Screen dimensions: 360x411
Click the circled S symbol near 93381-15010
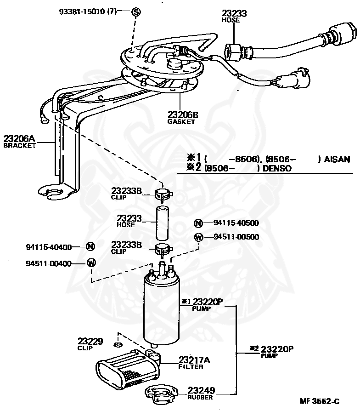pos(136,11)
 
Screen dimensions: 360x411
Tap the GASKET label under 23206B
pos(181,122)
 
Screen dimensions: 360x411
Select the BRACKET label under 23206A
pos(19,145)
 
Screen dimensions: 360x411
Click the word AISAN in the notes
pos(337,160)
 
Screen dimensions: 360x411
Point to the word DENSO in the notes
pos(277,168)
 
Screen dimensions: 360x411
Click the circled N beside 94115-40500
pos(198,223)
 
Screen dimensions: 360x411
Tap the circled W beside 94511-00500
pos(199,238)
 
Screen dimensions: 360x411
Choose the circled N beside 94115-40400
pos(90,247)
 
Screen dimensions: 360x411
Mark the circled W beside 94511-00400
pos(91,263)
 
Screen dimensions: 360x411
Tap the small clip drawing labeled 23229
pos(118,344)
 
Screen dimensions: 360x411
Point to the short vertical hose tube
pos(162,223)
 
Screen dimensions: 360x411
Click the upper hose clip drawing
pos(163,194)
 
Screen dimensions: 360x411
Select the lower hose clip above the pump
pos(163,249)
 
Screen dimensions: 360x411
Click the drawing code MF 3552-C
pos(320,401)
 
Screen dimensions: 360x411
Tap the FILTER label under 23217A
pos(191,366)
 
